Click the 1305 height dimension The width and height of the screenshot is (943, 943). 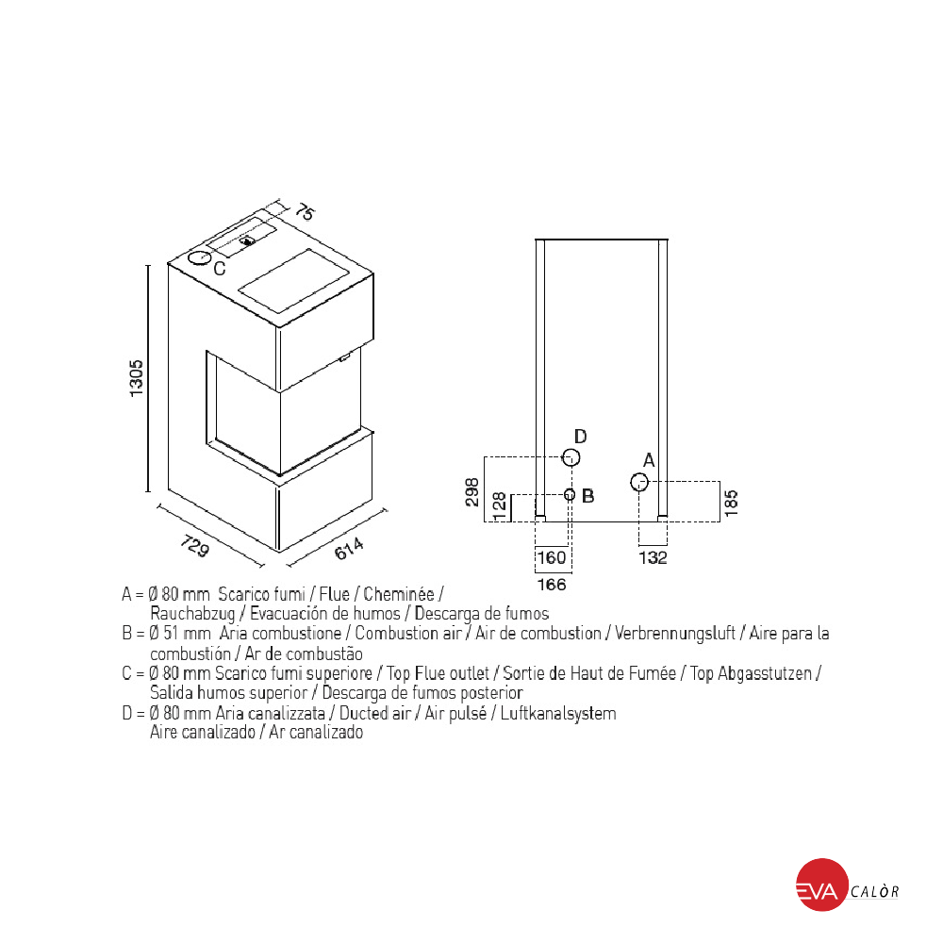(x=137, y=378)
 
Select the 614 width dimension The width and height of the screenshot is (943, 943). (x=349, y=549)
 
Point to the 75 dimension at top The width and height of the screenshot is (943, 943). (x=305, y=212)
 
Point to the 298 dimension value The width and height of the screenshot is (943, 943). (x=472, y=492)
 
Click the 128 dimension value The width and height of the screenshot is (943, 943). (x=499, y=506)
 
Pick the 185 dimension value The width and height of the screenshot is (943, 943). (x=731, y=503)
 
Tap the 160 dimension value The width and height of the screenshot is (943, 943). (x=552, y=557)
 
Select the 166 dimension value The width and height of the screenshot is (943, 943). (x=552, y=584)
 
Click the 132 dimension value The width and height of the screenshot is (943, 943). (x=653, y=557)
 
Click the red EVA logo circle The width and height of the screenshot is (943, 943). (x=822, y=885)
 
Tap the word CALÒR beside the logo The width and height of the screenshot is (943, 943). (x=875, y=891)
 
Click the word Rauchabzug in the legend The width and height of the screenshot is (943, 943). (x=192, y=614)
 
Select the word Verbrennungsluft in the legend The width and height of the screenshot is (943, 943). (x=675, y=634)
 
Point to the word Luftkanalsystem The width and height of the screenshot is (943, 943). (x=558, y=714)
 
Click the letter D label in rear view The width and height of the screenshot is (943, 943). (x=580, y=436)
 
